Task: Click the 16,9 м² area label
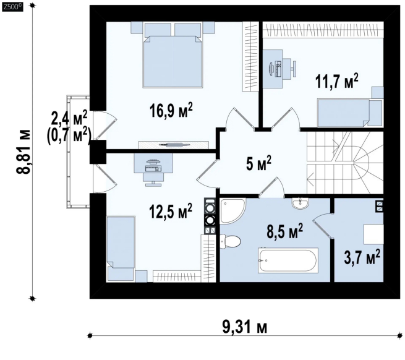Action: point(171,110)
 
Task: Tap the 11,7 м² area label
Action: point(336,81)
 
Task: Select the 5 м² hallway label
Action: point(258,163)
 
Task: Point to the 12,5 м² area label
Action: point(171,211)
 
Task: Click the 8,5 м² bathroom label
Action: point(284,231)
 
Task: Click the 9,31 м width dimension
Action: point(245,327)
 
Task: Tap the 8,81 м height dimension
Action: point(23,152)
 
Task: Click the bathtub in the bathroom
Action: point(288,260)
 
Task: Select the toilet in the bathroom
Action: point(231,241)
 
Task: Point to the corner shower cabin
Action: point(232,211)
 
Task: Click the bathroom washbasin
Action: point(300,203)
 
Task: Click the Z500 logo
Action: point(12,7)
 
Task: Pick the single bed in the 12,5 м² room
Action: point(121,249)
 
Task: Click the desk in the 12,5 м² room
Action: point(153,163)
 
